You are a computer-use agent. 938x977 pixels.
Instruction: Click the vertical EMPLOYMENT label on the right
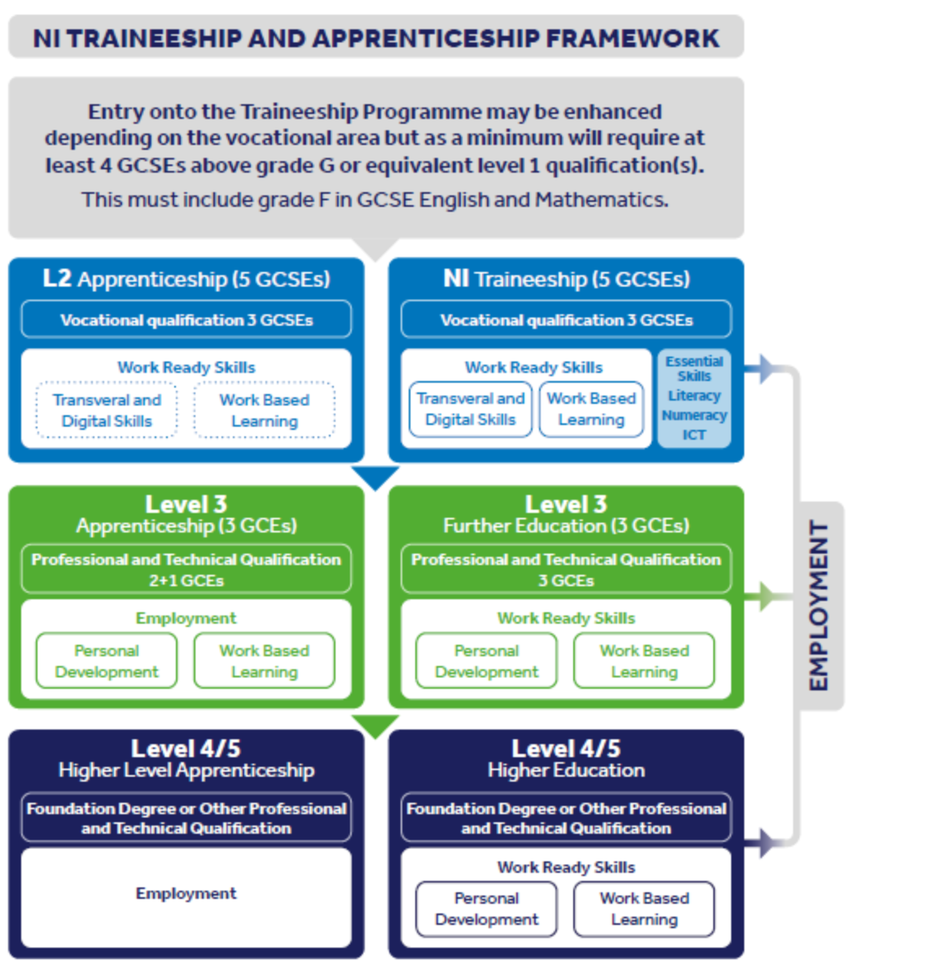coord(818,606)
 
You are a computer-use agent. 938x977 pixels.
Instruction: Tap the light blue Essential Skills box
coord(694,398)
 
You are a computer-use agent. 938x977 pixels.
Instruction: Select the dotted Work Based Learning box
coord(264,410)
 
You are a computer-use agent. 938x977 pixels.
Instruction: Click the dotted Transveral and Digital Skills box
coord(107,410)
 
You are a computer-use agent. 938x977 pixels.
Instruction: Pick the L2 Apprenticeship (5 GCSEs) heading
coord(186,278)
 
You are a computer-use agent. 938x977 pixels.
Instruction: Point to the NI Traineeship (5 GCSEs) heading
coord(567,278)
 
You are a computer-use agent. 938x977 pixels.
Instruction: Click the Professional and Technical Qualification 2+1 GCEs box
coord(186,569)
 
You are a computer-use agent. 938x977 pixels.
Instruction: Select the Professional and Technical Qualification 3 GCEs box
coord(566,569)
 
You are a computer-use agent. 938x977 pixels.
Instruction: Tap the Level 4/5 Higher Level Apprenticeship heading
coord(186,759)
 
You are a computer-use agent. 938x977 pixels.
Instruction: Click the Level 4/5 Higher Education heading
coord(567,759)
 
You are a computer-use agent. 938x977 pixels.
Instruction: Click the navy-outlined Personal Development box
coord(486,909)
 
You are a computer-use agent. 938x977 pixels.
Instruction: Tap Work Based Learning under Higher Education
coord(644,909)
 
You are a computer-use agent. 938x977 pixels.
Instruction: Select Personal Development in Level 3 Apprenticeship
coord(107,660)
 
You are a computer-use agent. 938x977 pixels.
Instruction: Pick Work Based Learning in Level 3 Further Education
coord(644,660)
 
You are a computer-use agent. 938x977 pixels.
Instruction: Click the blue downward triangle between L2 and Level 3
coord(375,476)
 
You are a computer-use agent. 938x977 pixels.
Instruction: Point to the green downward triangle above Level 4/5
coord(375,725)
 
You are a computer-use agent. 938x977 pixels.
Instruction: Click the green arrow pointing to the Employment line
coord(763,597)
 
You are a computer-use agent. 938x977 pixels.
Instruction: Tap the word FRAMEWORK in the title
coord(633,38)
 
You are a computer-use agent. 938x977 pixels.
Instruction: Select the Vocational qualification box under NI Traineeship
coord(566,319)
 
